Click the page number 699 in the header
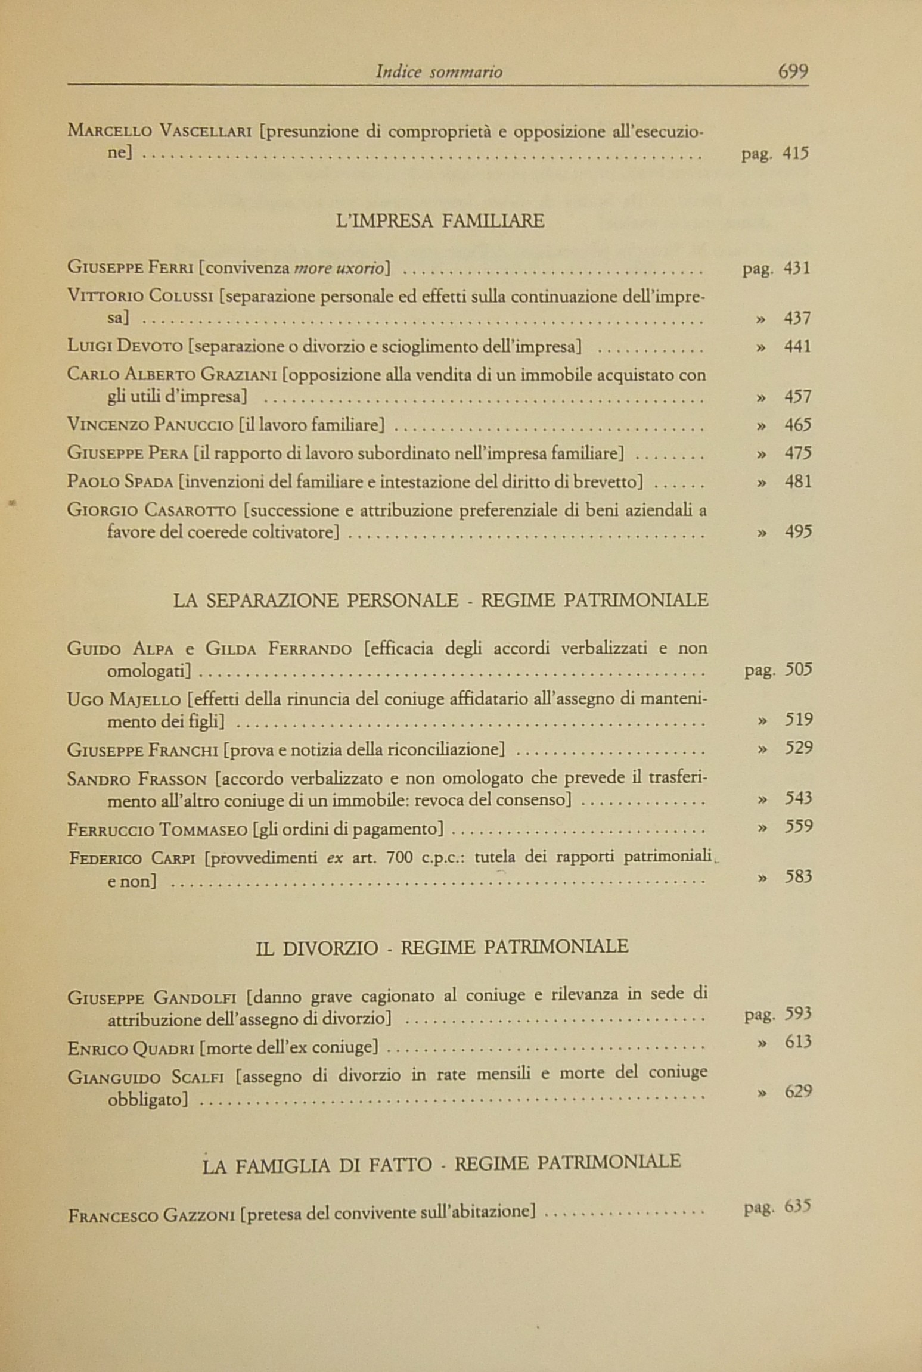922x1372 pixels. pyautogui.click(x=793, y=71)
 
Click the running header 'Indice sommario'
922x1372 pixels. pyautogui.click(x=439, y=73)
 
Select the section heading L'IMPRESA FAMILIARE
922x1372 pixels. pyautogui.click(x=440, y=222)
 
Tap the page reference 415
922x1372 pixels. pyautogui.click(x=796, y=154)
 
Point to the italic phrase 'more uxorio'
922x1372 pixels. pyautogui.click(x=339, y=268)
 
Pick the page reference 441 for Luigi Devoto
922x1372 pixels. pyautogui.click(x=797, y=346)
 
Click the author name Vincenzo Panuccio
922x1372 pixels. pyautogui.click(x=150, y=425)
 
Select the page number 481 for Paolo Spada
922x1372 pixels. pyautogui.click(x=797, y=481)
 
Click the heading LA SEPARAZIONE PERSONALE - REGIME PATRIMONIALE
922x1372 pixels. pyautogui.click(x=440, y=600)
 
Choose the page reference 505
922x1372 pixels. pyautogui.click(x=798, y=670)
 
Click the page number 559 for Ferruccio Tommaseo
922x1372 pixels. pyautogui.click(x=798, y=827)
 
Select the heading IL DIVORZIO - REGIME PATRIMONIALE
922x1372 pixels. pyautogui.click(x=442, y=947)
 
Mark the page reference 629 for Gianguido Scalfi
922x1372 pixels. pyautogui.click(x=798, y=1091)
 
